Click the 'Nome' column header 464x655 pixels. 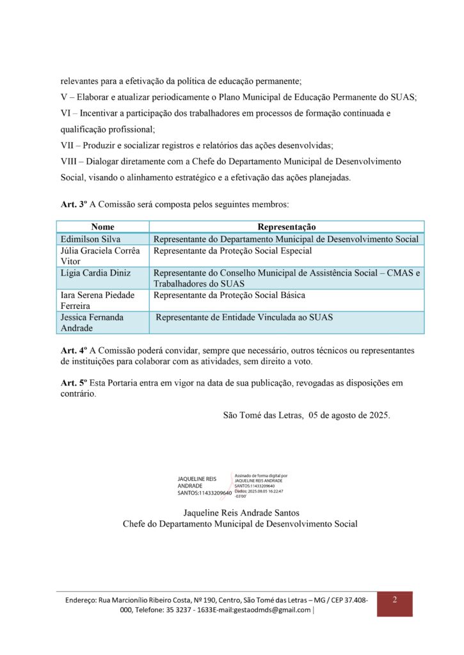[x=102, y=227]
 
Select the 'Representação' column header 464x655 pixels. [x=286, y=227]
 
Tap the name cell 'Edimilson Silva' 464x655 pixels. [x=86, y=239]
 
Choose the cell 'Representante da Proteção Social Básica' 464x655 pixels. [x=229, y=296]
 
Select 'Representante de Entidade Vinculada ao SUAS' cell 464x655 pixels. [x=244, y=317]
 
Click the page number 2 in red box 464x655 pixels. [x=394, y=600]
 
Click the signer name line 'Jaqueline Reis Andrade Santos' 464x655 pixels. [x=241, y=513]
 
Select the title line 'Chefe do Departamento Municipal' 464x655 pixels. [x=240, y=524]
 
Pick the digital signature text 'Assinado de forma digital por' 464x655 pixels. [x=261, y=476]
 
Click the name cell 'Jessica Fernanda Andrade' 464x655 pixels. [x=92, y=322]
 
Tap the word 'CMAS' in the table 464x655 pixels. [x=396, y=273]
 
